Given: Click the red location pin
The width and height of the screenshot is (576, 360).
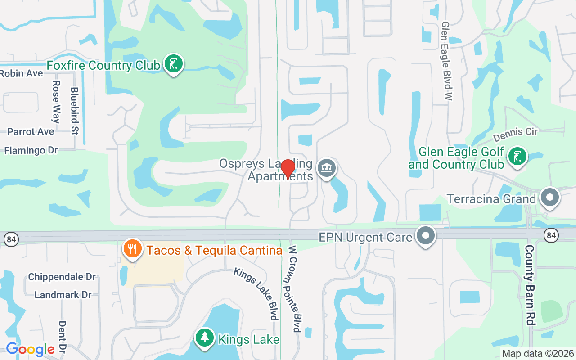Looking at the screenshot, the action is [x=288, y=169].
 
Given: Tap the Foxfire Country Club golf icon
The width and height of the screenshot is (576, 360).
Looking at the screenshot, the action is [x=173, y=64].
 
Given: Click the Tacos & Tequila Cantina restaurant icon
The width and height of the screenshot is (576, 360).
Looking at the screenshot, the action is [x=132, y=249].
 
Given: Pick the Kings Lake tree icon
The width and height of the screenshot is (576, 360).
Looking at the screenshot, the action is [x=205, y=337].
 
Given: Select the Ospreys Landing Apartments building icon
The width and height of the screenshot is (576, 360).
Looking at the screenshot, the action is [x=327, y=168].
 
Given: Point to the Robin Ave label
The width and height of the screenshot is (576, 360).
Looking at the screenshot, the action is [x=22, y=73].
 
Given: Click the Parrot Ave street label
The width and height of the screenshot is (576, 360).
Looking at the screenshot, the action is [x=31, y=131].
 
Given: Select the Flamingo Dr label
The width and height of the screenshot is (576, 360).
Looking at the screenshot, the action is [x=31, y=150].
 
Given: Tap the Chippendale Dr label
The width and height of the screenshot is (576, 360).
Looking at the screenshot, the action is [x=62, y=277].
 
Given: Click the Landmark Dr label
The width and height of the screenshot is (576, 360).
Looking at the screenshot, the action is [x=63, y=295].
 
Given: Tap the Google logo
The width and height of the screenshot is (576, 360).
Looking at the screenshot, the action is [x=30, y=349].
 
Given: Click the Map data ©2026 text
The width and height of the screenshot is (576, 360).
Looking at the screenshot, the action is [x=538, y=354].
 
